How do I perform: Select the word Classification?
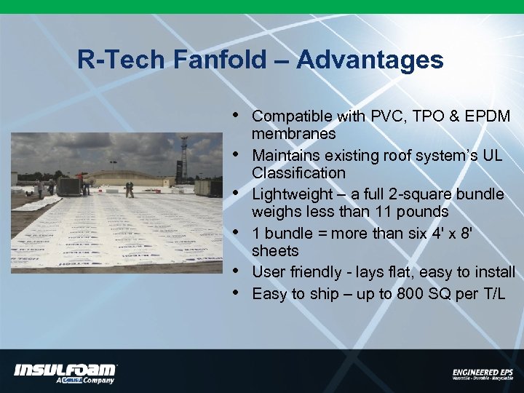[298, 173]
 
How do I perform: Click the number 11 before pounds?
[382, 212]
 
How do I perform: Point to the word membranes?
[293, 134]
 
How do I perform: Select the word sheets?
[275, 251]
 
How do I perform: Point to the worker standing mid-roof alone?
[130, 189]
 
